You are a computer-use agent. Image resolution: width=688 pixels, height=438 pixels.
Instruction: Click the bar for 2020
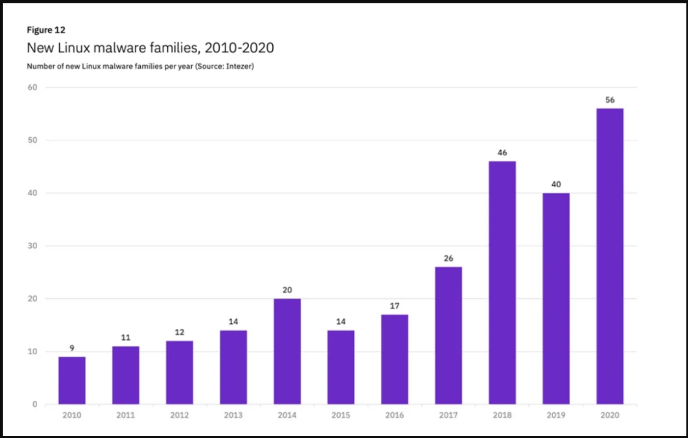pos(610,257)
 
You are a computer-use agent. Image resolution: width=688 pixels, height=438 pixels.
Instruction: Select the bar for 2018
pos(502,283)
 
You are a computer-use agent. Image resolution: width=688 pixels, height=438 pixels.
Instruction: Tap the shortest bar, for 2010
pos(72,380)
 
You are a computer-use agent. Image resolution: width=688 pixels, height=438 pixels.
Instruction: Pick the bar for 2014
pos(287,351)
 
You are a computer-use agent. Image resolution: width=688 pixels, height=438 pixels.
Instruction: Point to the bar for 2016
pos(394,360)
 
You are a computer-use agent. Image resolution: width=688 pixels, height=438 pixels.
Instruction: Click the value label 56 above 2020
pos(610,100)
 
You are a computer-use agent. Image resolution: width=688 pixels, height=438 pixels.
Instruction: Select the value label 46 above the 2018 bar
pos(502,153)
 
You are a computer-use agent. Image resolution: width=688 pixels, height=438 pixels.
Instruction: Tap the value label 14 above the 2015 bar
pos(341,322)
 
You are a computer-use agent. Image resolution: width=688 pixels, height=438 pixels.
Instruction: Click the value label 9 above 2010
pos(72,348)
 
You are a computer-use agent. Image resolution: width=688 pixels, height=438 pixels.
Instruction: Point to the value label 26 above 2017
pos(449,258)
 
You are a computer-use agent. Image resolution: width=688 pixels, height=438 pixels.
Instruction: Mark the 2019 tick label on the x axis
pos(556,416)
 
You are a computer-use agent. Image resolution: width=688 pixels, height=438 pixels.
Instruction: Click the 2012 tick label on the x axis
pos(179,416)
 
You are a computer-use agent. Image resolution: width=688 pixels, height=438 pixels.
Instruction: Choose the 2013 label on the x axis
pos(233,416)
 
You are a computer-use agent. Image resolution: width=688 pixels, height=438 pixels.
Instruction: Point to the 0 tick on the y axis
pos(35,405)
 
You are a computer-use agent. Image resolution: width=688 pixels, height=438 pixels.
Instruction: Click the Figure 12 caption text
pos(46,30)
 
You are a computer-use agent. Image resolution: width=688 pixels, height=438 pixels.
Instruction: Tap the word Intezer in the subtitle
pos(238,66)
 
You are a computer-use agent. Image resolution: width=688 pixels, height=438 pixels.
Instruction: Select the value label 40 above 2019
pos(556,184)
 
